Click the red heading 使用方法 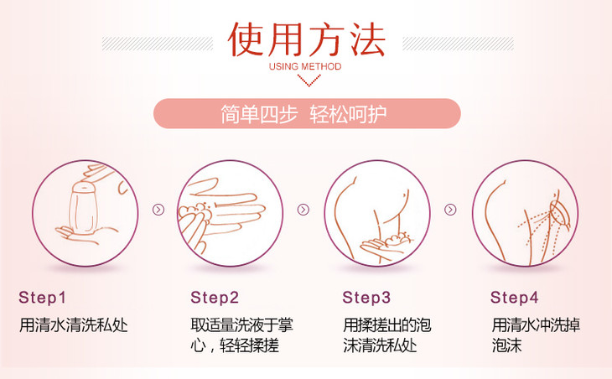click(307, 39)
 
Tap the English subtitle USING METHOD click(305, 67)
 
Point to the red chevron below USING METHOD click(309, 80)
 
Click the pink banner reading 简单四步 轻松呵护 click(307, 113)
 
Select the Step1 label click(42, 298)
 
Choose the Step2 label click(215, 298)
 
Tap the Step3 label click(366, 298)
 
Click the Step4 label click(514, 298)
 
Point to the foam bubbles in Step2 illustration click(196, 212)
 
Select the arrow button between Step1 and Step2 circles click(158, 210)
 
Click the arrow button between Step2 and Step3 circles click(303, 210)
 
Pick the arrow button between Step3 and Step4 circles click(450, 210)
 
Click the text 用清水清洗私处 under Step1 click(74, 325)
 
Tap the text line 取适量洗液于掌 click(242, 325)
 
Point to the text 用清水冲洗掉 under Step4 click(536, 325)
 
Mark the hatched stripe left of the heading click(158, 44)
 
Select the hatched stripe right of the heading click(459, 44)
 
